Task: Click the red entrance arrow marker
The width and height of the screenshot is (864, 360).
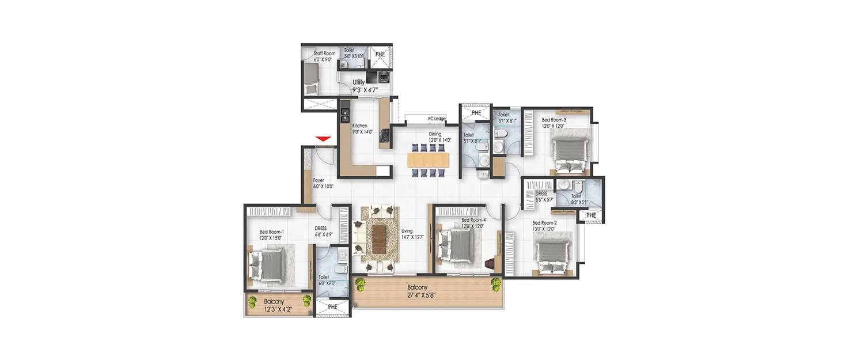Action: click(x=323, y=139)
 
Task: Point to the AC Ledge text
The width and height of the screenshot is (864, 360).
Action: click(x=436, y=119)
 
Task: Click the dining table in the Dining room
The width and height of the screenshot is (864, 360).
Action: click(x=427, y=160)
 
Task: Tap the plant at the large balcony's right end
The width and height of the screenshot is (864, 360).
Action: click(x=496, y=283)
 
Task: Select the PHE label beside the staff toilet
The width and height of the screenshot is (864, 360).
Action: click(x=380, y=54)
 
